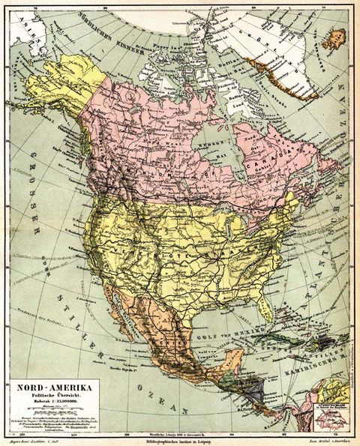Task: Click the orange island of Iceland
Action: click(336, 37)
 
